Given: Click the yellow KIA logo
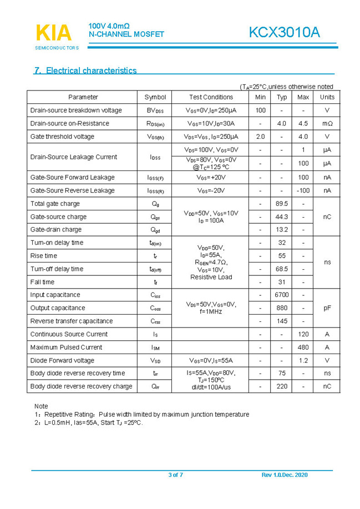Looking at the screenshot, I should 53,33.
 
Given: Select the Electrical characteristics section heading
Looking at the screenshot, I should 86,70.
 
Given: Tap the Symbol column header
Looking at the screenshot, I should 155,97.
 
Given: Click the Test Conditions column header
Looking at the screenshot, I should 211,97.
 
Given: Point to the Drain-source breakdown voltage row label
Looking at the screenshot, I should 76,110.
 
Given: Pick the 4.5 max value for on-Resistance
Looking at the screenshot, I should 303,123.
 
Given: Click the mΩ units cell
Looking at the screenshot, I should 327,123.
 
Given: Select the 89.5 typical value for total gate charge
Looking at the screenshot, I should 282,204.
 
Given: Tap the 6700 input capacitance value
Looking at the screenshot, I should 282,295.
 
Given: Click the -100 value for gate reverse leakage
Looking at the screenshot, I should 303,190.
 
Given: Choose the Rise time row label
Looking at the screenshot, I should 44,256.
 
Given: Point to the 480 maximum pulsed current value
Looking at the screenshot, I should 303,347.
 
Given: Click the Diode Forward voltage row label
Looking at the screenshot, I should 62,361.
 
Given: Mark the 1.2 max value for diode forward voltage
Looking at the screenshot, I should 303,361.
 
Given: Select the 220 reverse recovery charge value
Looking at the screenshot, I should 282,386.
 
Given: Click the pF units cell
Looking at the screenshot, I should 327,308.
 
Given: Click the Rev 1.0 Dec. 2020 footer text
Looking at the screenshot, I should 284,475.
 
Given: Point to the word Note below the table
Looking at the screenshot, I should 41,406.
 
